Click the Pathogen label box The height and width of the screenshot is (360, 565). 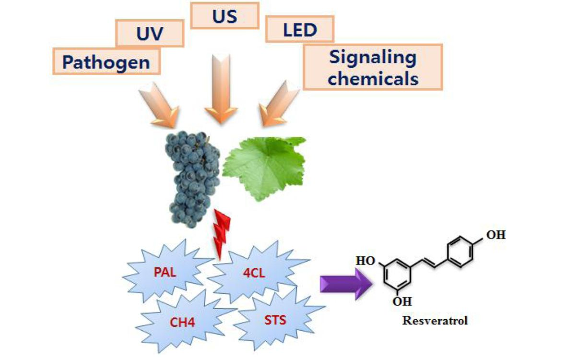tap(106, 61)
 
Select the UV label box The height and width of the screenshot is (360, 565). tap(150, 33)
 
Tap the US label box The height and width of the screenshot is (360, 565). tap(224, 15)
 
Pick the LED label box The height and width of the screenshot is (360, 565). tap(300, 30)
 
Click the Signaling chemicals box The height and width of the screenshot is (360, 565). tap(373, 67)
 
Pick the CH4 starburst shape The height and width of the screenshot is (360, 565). tap(182, 321)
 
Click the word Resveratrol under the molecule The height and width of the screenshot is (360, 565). tap(435, 320)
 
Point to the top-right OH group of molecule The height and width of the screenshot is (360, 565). tap(496, 235)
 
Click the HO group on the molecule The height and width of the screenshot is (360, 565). tap(365, 261)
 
